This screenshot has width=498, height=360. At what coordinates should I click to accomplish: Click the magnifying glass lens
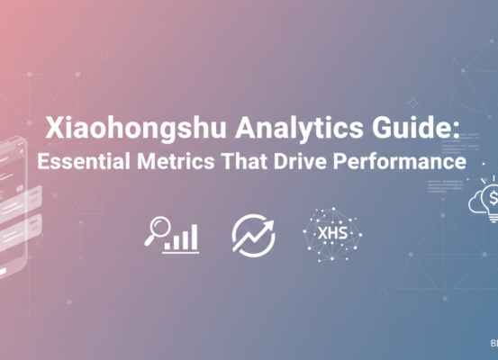tap(155, 229)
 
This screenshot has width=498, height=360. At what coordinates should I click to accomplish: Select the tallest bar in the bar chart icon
tap(195, 236)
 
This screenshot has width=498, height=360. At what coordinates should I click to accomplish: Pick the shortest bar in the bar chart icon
tap(168, 244)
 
